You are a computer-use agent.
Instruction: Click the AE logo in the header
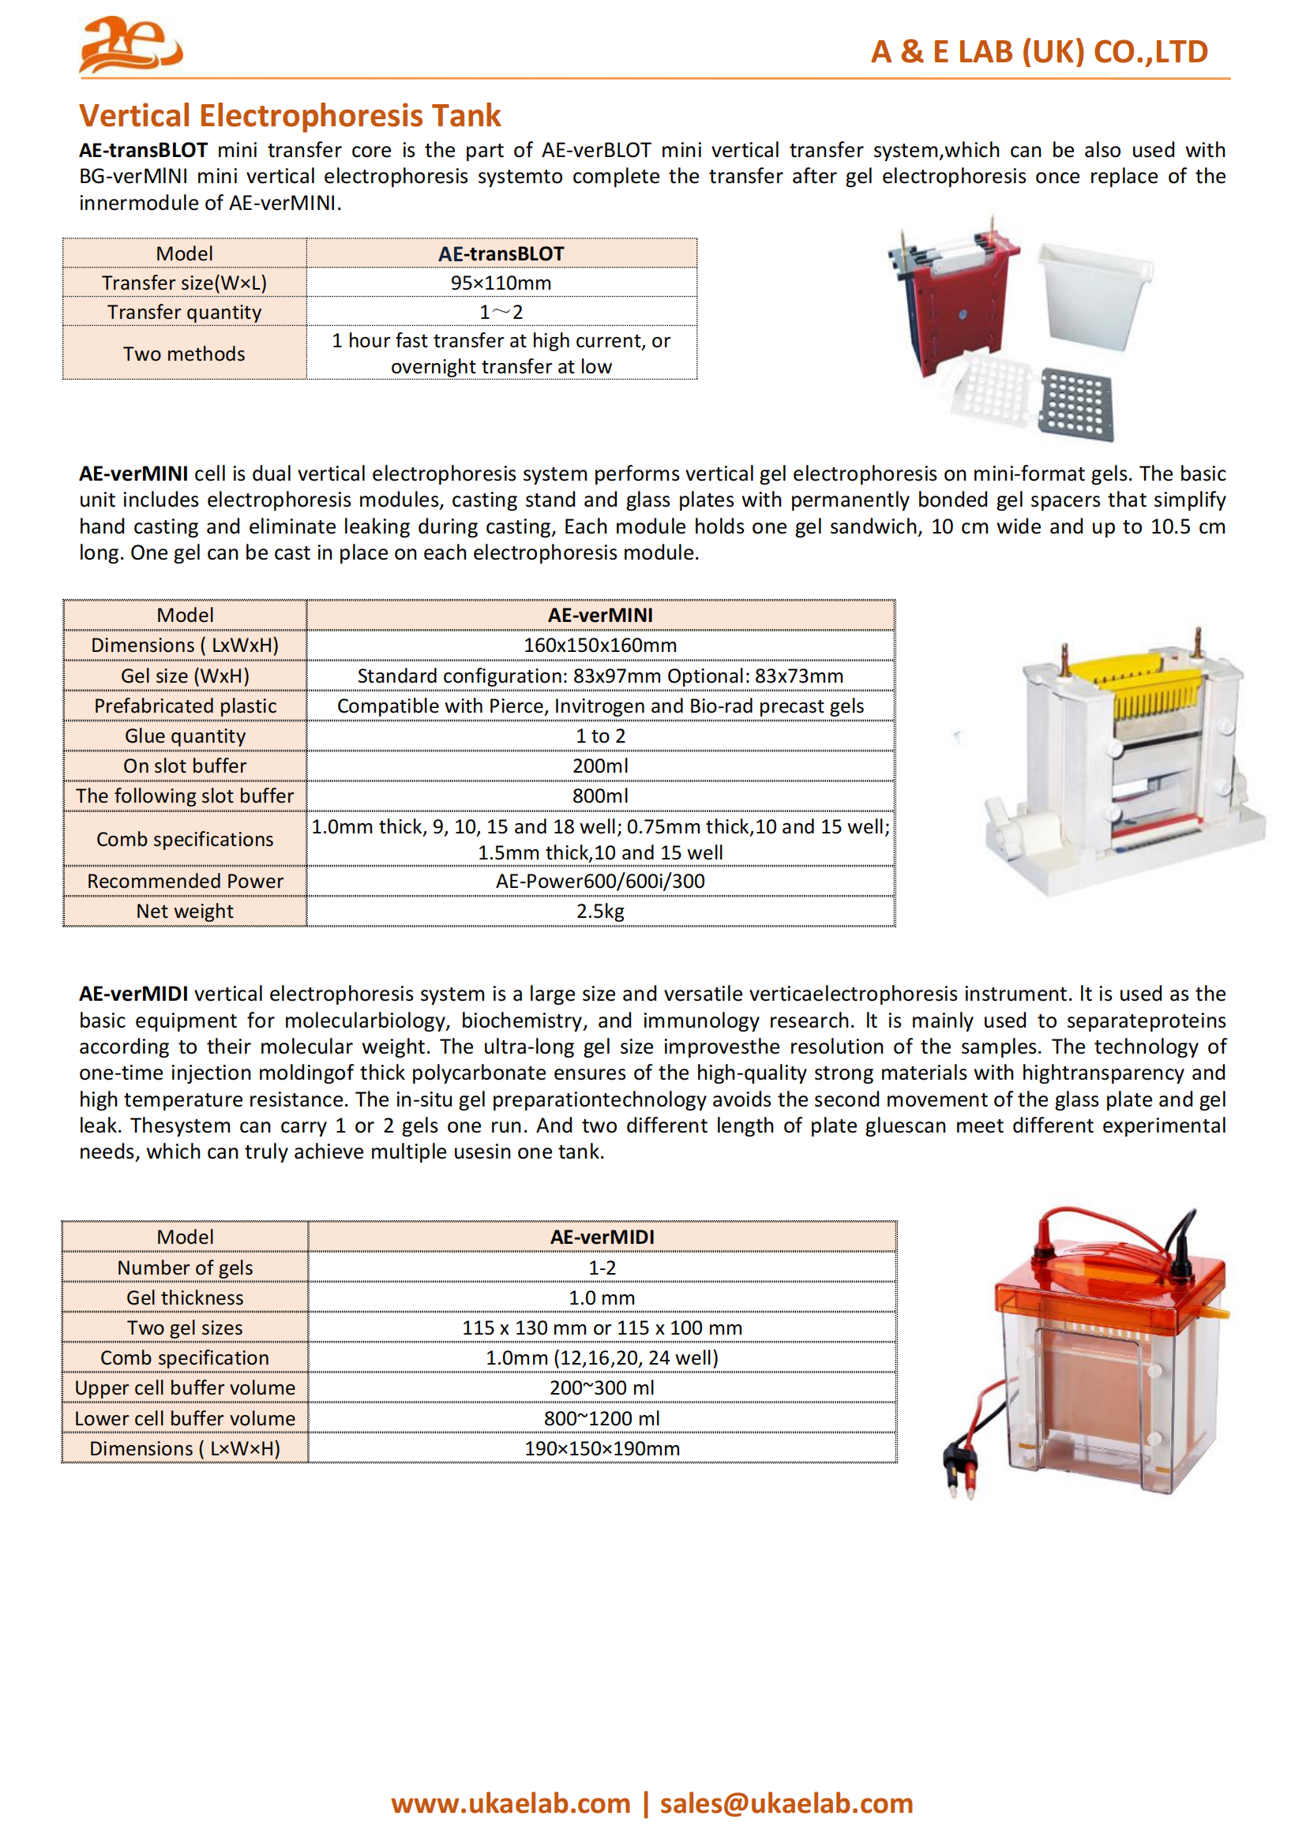[130, 45]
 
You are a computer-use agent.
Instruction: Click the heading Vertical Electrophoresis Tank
[290, 116]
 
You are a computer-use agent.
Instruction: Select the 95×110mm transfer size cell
[501, 283]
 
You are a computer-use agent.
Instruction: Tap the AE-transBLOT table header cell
[501, 253]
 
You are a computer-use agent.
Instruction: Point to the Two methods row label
[184, 354]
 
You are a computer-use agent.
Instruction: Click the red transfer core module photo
[957, 305]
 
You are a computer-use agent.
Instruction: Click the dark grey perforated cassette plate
[1076, 403]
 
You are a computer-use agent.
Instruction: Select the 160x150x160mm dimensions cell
[600, 645]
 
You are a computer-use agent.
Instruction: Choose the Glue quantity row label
[185, 736]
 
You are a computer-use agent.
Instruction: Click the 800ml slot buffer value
[600, 796]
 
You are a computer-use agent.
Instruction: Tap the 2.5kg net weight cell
[600, 911]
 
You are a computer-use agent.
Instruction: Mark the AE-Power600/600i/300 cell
[600, 882]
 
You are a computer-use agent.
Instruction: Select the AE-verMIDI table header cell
[602, 1237]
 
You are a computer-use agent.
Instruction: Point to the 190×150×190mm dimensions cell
[602, 1448]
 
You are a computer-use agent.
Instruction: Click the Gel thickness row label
[185, 1297]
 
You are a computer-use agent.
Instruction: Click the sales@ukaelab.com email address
[786, 1803]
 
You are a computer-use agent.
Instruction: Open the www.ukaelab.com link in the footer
[511, 1803]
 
